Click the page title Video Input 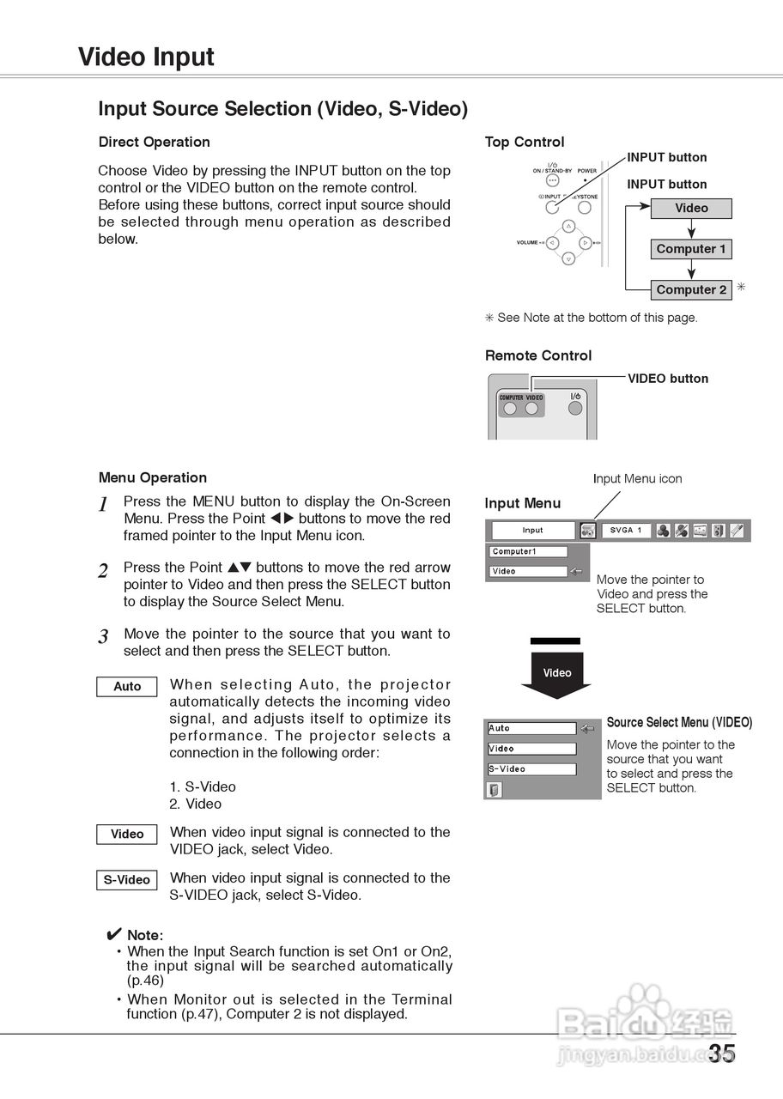[x=146, y=57]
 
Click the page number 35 [x=722, y=1053]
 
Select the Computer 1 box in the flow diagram [x=691, y=249]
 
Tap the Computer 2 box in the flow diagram [x=691, y=290]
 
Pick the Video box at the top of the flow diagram [x=691, y=209]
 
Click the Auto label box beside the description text [x=127, y=687]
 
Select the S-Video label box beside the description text [x=127, y=880]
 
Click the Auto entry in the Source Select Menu [x=531, y=729]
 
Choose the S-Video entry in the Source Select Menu [x=531, y=769]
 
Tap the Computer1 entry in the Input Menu [x=529, y=552]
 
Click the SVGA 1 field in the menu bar [x=625, y=531]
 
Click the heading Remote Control [x=538, y=355]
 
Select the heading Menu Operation [x=153, y=477]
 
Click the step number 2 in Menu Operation [x=103, y=571]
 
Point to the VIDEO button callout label [x=668, y=379]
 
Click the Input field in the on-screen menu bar [x=533, y=531]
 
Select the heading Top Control [x=525, y=142]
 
